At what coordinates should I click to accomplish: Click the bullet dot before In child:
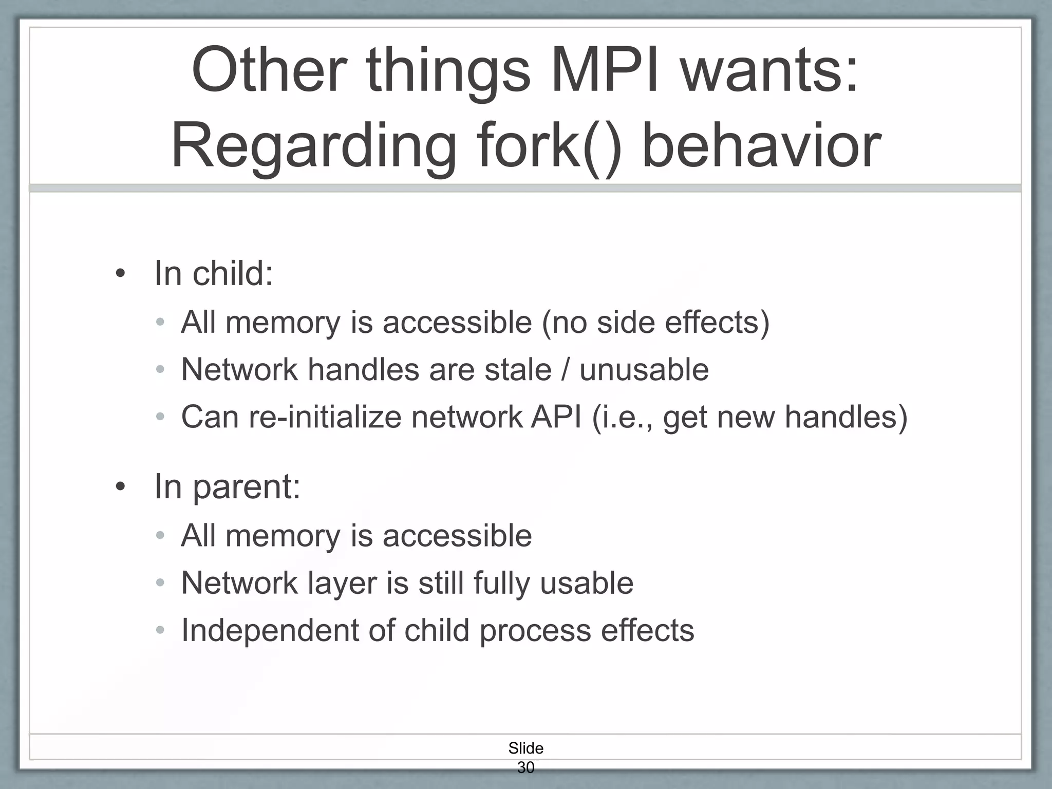click(120, 274)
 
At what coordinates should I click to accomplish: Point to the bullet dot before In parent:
click(120, 486)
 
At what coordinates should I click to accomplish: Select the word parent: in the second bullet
click(246, 487)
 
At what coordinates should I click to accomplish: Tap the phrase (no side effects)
click(656, 323)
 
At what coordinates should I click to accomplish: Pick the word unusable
click(644, 369)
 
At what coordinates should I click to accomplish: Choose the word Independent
click(270, 630)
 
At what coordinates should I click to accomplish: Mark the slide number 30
click(525, 767)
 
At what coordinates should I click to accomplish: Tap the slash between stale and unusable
click(566, 370)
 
